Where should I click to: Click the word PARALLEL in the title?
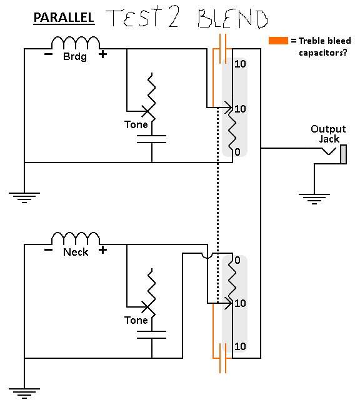coord(64,18)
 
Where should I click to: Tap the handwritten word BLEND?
coord(232,19)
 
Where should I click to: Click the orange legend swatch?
coord(278,41)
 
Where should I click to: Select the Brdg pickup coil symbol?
coord(75,43)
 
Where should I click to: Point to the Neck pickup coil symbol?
coord(75,238)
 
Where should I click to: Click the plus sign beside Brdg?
coord(102,54)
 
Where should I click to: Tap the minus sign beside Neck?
coord(48,250)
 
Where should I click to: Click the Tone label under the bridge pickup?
coord(136,124)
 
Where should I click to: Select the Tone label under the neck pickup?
coord(136,320)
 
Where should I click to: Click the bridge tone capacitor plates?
coord(152,139)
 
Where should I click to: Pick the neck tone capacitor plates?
coord(152,335)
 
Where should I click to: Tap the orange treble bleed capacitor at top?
coord(222,49)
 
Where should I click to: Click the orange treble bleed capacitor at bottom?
coord(222,358)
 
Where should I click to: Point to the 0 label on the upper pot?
coord(237,152)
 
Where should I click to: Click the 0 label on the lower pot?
coord(237,260)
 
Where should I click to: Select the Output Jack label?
coord(328,134)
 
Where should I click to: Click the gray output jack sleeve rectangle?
coord(343,154)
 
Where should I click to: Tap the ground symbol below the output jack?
coord(314,199)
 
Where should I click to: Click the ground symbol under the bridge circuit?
coord(24,198)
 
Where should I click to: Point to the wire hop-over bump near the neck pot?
coord(207,256)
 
